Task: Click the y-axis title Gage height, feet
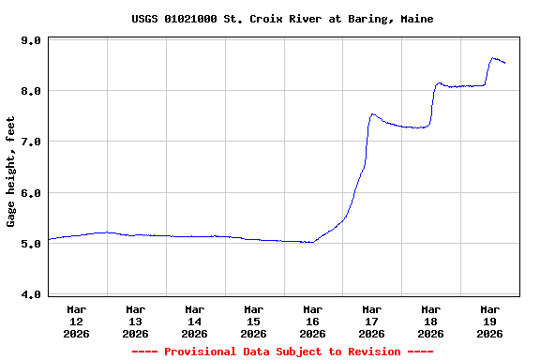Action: [x=11, y=172]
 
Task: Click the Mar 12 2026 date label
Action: [x=77, y=321]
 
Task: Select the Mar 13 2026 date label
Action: [x=136, y=321]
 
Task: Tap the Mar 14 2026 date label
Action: [x=195, y=321]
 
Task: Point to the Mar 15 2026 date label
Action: [x=254, y=321]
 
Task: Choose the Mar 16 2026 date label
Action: [x=313, y=321]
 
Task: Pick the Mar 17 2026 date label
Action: [x=372, y=321]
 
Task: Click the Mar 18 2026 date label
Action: [x=431, y=321]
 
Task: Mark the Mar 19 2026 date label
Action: [x=490, y=321]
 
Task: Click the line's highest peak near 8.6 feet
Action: [x=493, y=58]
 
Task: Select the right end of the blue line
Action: [x=505, y=63]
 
